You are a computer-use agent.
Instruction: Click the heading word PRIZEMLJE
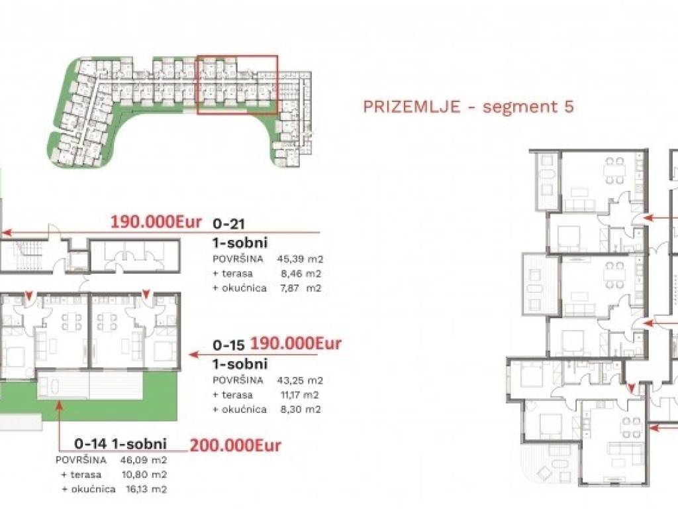(x=412, y=106)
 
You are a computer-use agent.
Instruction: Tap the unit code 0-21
(x=228, y=224)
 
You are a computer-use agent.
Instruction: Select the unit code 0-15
(x=228, y=345)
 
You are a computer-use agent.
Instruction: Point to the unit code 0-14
(x=91, y=443)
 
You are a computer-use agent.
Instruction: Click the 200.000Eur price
(x=235, y=445)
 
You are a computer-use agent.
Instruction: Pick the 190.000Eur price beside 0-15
(x=296, y=344)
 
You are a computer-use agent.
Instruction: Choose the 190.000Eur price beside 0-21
(x=156, y=222)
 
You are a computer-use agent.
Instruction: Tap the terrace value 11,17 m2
(x=300, y=395)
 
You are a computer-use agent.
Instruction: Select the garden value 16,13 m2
(x=144, y=489)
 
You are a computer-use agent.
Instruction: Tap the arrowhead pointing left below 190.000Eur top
(x=7, y=233)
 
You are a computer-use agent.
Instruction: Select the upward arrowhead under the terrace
(x=59, y=405)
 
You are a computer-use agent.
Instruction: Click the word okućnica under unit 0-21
(x=244, y=288)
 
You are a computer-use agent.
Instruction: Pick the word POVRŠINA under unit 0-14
(x=81, y=460)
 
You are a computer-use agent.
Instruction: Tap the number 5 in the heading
(x=569, y=106)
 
